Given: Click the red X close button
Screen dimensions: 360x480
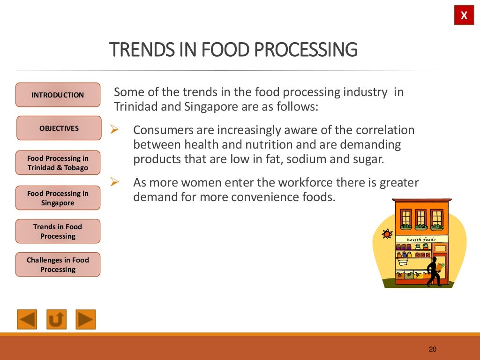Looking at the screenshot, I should (464, 16).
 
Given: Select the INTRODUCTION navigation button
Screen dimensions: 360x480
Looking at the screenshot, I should (58, 95).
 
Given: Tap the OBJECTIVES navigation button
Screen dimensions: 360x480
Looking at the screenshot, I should (59, 128).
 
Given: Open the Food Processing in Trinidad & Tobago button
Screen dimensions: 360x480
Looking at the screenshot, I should (58, 163).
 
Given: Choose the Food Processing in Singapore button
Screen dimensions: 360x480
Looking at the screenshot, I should (58, 198).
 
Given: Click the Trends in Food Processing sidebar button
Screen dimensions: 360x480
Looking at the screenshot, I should (58, 231).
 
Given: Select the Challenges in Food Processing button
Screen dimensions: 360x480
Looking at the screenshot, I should (58, 264).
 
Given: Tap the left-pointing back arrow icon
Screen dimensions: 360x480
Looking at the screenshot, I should (27, 319).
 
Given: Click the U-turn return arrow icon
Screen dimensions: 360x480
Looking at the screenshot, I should (56, 319).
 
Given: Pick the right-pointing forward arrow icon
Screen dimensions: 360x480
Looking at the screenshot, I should (85, 319).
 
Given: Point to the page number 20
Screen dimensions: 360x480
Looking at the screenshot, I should (432, 349).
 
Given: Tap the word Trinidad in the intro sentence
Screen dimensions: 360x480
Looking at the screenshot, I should (135, 106).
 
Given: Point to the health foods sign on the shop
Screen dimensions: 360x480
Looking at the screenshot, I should (421, 240).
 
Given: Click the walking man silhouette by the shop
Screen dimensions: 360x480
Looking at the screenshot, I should (434, 271).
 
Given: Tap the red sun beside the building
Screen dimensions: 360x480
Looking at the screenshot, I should (387, 233).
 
